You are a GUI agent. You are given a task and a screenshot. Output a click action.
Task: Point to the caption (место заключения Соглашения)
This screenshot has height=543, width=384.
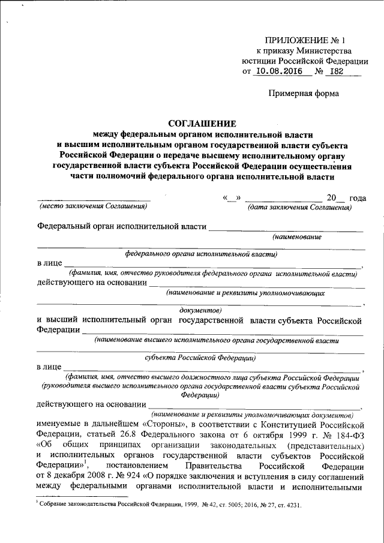coord(92,206)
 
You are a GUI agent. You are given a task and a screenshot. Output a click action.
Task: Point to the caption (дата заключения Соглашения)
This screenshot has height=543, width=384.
coord(299,206)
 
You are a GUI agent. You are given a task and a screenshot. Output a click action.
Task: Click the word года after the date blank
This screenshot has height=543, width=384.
coord(358,197)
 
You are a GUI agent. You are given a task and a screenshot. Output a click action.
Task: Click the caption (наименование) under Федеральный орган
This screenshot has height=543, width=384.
coord(296,237)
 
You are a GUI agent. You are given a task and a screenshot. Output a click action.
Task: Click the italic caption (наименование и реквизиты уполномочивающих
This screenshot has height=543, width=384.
coord(246,294)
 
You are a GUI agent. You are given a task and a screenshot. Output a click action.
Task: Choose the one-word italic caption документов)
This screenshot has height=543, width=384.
coord(201,310)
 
